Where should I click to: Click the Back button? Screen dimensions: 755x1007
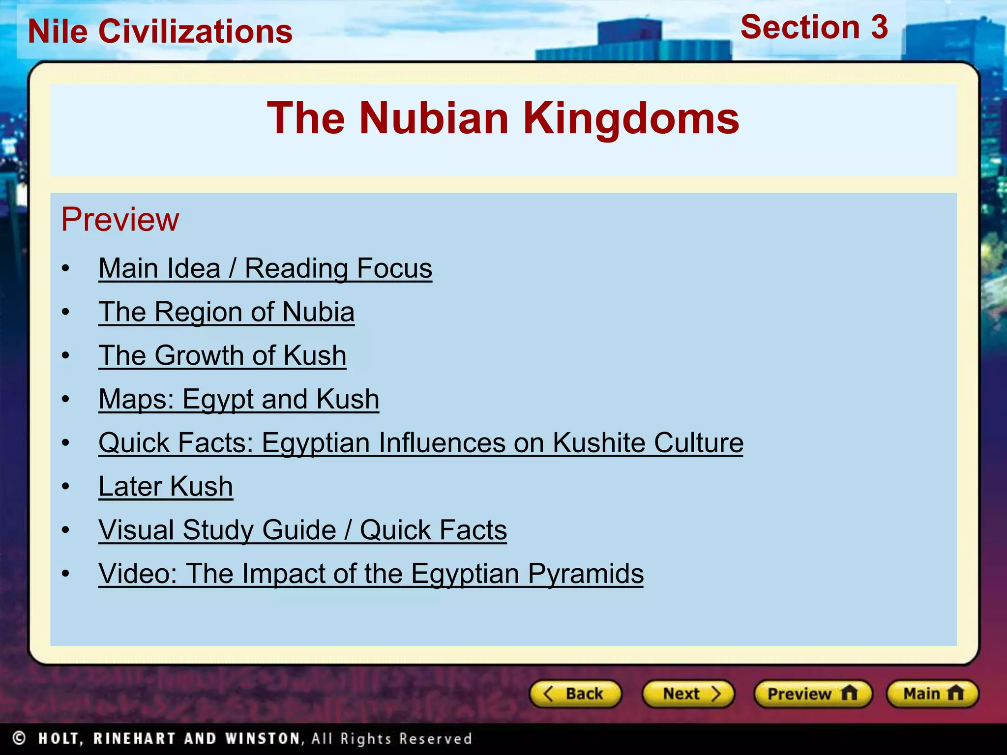click(575, 694)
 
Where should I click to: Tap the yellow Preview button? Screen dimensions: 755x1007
click(813, 694)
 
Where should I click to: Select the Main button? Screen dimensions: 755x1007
click(932, 694)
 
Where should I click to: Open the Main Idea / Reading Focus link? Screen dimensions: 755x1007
click(265, 268)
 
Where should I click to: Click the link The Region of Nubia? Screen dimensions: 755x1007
click(226, 312)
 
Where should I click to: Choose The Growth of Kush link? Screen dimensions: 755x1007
click(222, 355)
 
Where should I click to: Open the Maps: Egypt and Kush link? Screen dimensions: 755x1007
click(238, 399)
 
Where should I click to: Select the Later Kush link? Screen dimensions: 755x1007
click(166, 487)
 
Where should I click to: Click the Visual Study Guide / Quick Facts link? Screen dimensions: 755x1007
click(302, 530)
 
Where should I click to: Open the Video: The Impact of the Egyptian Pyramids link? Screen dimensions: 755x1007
click(371, 574)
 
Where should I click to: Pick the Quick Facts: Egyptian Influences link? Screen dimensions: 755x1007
click(420, 443)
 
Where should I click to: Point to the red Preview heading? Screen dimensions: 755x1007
click(120, 219)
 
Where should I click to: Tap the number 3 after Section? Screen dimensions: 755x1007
click(879, 27)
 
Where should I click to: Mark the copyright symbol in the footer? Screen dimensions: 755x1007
click(19, 738)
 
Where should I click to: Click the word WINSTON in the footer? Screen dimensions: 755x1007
click(263, 738)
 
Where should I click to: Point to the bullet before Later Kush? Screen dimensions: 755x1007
click(66, 487)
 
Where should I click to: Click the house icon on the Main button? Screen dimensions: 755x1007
click(955, 693)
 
